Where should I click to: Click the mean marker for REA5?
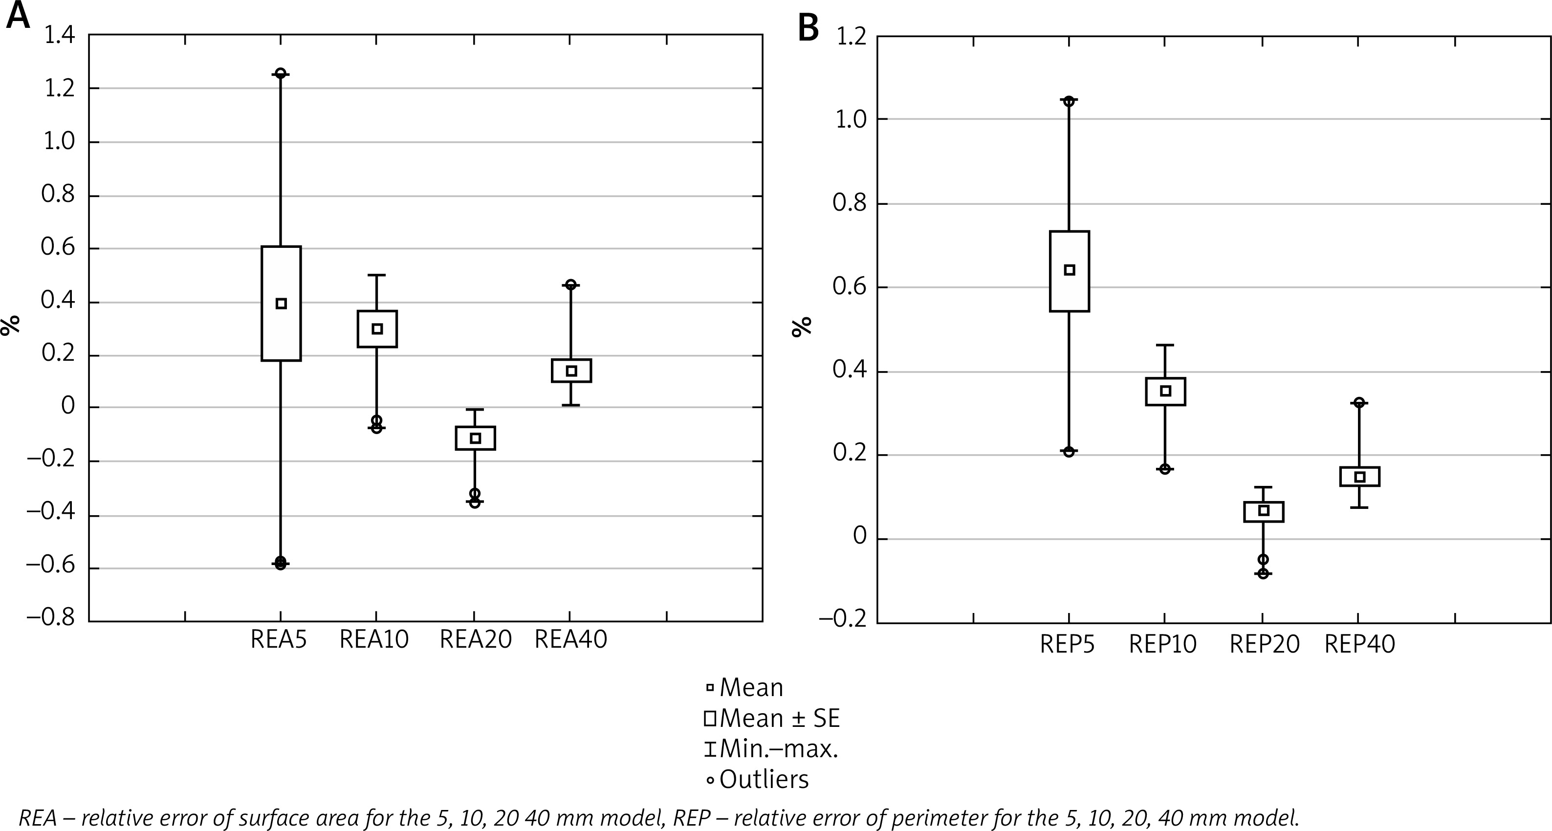point(281,304)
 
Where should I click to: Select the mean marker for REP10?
point(1165,391)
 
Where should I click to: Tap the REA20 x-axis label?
point(475,639)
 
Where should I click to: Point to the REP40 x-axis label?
point(1360,645)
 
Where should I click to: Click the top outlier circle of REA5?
point(281,73)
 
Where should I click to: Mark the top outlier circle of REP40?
point(1359,402)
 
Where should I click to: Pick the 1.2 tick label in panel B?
point(850,37)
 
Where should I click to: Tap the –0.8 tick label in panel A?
point(51,618)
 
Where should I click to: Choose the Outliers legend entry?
point(758,779)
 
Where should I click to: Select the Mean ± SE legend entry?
point(773,718)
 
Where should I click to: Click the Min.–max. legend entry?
point(772,749)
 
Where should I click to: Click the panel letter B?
point(809,27)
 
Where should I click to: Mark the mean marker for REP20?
point(1264,511)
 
